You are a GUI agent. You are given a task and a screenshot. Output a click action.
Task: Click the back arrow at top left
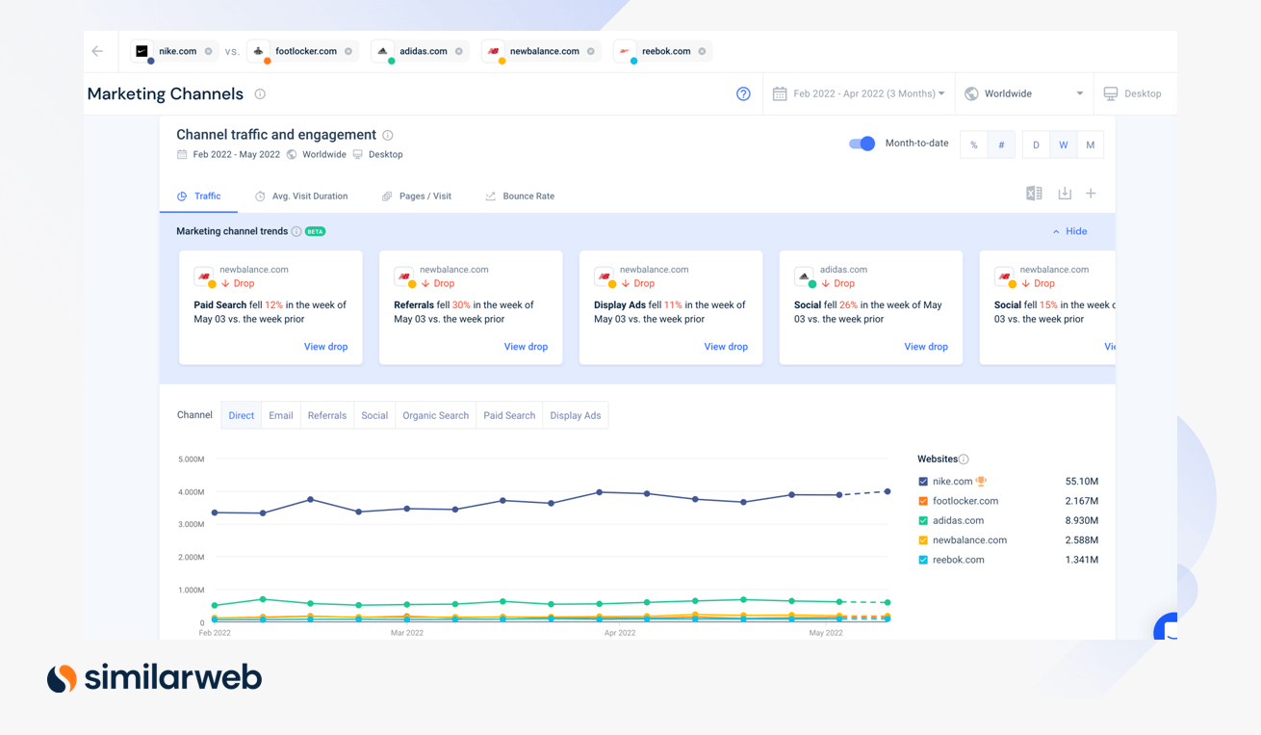pyautogui.click(x=97, y=51)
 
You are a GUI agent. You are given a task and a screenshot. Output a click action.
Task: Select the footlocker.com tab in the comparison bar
pyautogui.click(x=304, y=51)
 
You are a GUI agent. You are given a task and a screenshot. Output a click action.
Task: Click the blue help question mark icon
pyautogui.click(x=743, y=93)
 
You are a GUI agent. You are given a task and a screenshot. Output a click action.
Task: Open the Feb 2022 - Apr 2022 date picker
pyautogui.click(x=861, y=93)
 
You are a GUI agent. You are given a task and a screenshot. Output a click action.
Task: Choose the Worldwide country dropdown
pyautogui.click(x=1024, y=93)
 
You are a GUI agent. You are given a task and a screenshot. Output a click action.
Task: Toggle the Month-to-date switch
pyautogui.click(x=862, y=144)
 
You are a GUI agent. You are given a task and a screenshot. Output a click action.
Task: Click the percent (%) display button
pyautogui.click(x=973, y=145)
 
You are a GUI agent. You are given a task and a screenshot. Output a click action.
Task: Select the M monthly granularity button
pyautogui.click(x=1090, y=145)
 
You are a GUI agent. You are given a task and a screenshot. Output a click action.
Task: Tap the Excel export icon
pyautogui.click(x=1034, y=194)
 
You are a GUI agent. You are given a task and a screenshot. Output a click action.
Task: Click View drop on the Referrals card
pyautogui.click(x=526, y=347)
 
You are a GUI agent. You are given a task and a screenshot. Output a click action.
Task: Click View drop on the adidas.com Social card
pyautogui.click(x=925, y=347)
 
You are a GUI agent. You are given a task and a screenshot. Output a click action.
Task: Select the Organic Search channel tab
pyautogui.click(x=435, y=416)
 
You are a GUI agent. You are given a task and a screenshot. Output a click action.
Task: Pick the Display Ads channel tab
pyautogui.click(x=575, y=416)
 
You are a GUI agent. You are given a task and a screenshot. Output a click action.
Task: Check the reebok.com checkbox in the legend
pyautogui.click(x=923, y=560)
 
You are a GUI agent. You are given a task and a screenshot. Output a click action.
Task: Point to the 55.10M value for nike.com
pyautogui.click(x=1081, y=482)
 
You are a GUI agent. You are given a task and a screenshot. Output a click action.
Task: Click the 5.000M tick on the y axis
pyautogui.click(x=191, y=459)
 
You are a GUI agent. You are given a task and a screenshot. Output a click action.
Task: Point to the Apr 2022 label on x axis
pyautogui.click(x=620, y=633)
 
